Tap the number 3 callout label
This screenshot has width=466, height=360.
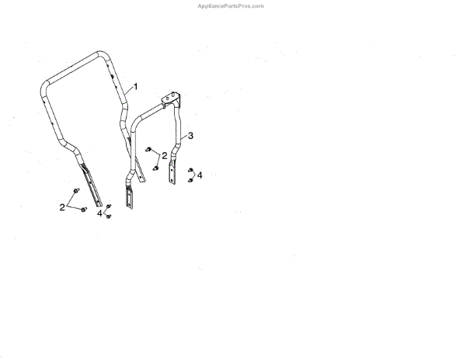tap(191, 136)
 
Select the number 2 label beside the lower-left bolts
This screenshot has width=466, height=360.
tap(63, 206)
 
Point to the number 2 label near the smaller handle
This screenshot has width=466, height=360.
tap(165, 156)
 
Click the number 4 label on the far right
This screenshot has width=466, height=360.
tap(200, 176)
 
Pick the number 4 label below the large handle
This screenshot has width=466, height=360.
tap(100, 213)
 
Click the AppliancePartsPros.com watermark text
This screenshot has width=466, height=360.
tap(232, 5)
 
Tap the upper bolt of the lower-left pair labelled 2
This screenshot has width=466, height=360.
tap(75, 191)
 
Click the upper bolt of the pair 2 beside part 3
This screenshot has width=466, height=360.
tap(148, 150)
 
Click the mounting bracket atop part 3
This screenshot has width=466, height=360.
tap(171, 99)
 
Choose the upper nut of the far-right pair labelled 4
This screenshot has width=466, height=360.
tap(190, 169)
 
